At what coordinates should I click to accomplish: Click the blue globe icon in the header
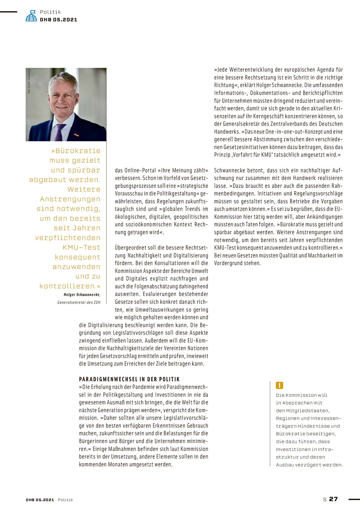pyautogui.click(x=31, y=16)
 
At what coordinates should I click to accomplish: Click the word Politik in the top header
pyautogui.click(x=50, y=12)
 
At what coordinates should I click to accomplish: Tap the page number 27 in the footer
pyautogui.click(x=333, y=499)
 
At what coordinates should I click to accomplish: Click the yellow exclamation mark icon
pyautogui.click(x=279, y=385)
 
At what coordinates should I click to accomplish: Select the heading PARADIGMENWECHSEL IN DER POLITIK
pyautogui.click(x=130, y=379)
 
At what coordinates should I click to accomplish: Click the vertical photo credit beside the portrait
pyautogui.click(x=29, y=81)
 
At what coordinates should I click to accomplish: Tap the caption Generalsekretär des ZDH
pyautogui.click(x=79, y=302)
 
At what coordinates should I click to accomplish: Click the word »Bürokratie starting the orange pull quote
pyautogui.click(x=76, y=151)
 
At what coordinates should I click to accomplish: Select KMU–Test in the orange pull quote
pyautogui.click(x=81, y=247)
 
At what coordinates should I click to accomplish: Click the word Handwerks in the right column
pyautogui.click(x=227, y=132)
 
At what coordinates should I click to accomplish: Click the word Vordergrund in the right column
pyautogui.click(x=228, y=263)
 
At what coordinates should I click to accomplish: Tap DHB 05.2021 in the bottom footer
pyautogui.click(x=40, y=500)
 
